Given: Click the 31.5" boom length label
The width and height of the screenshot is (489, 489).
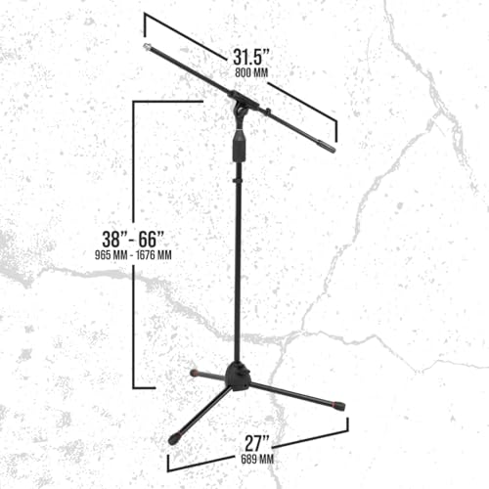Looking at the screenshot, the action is [251, 58].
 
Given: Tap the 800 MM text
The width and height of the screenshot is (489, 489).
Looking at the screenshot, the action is [251, 72].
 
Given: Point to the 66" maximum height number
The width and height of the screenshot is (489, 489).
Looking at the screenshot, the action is [151, 239].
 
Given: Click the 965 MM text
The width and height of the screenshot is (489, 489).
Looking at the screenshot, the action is [111, 255].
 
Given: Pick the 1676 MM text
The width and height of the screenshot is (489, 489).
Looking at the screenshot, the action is [154, 255].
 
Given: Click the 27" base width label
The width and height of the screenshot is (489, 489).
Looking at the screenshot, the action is [257, 443].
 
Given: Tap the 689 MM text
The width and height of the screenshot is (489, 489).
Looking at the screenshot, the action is [257, 460].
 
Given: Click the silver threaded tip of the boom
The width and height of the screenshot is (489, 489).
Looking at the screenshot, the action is [147, 47].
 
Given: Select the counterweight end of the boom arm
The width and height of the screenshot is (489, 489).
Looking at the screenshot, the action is [327, 147].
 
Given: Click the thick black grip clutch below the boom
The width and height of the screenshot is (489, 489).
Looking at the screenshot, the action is [239, 146].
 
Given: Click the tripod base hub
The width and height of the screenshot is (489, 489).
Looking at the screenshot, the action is [239, 376].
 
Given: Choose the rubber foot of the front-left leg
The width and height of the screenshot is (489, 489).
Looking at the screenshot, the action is [174, 438].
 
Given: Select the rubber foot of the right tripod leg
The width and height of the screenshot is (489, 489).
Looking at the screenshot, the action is [338, 406].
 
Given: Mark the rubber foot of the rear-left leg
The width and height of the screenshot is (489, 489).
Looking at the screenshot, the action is [195, 373].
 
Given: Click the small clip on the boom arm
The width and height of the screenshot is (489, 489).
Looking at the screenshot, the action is [268, 111].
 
